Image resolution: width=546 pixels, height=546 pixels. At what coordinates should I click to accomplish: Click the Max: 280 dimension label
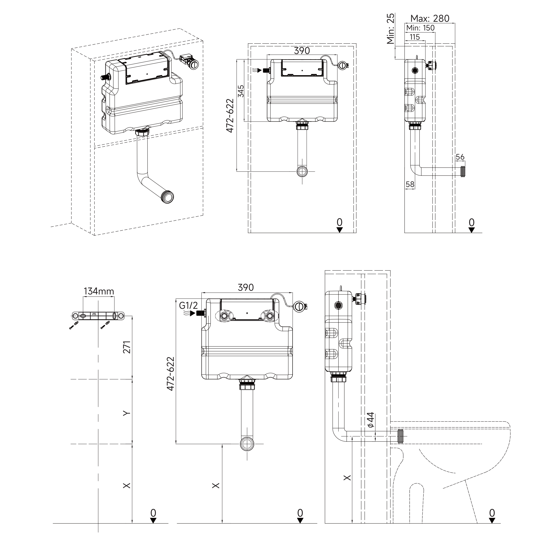pos(430,19)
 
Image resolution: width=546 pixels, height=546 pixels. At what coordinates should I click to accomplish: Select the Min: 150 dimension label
pos(420,28)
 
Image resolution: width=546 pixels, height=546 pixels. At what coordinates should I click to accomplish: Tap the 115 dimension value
pos(415,37)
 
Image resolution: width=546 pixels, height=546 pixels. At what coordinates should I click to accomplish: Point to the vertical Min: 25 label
pos(391,29)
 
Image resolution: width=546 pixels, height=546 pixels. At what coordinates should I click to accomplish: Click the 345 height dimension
pos(241,91)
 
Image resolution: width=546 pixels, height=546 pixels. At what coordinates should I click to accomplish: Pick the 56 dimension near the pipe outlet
pos(460,157)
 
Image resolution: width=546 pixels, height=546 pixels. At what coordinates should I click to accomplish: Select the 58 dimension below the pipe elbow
pos(410,184)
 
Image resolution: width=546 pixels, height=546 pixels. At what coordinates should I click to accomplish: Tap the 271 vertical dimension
pos(127,347)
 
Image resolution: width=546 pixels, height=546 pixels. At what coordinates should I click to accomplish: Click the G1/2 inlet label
pos(188,306)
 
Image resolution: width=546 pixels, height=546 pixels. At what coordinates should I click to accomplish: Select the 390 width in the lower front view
pos(246,287)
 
